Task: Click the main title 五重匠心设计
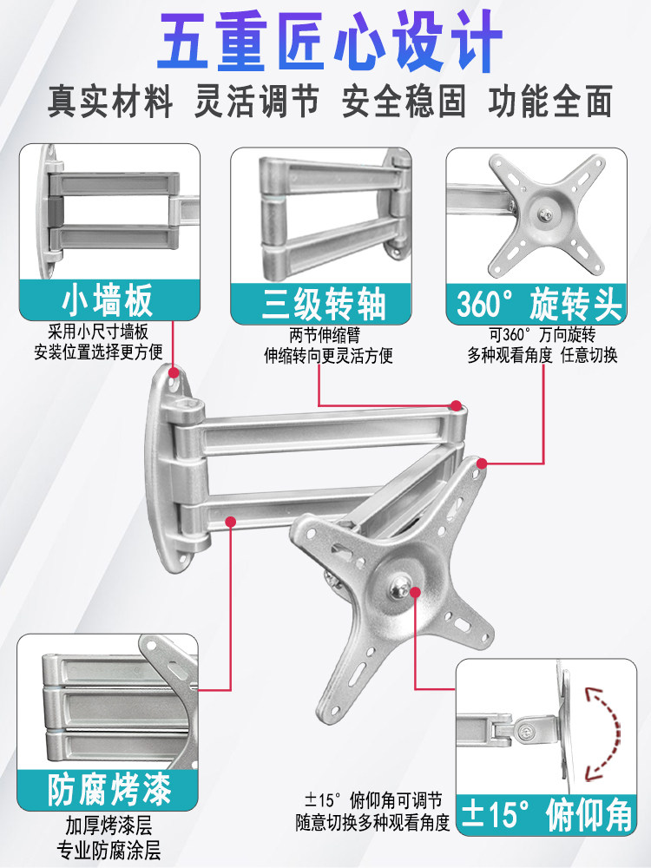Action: click(x=329, y=41)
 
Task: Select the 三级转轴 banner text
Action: click(x=324, y=303)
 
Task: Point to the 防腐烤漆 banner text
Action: click(x=109, y=789)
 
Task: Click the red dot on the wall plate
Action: click(x=174, y=371)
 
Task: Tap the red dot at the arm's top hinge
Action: click(x=456, y=405)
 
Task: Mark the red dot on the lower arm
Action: click(x=231, y=522)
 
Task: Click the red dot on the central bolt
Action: click(x=415, y=592)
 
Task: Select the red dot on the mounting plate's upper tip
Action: click(x=482, y=464)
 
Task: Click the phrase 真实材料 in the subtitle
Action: click(x=109, y=102)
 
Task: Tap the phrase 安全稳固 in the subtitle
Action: click(x=404, y=102)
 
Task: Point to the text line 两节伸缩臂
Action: click(x=325, y=336)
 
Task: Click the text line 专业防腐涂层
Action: click(x=109, y=849)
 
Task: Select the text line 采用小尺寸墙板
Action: click(x=98, y=332)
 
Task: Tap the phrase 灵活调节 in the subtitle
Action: click(x=257, y=102)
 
